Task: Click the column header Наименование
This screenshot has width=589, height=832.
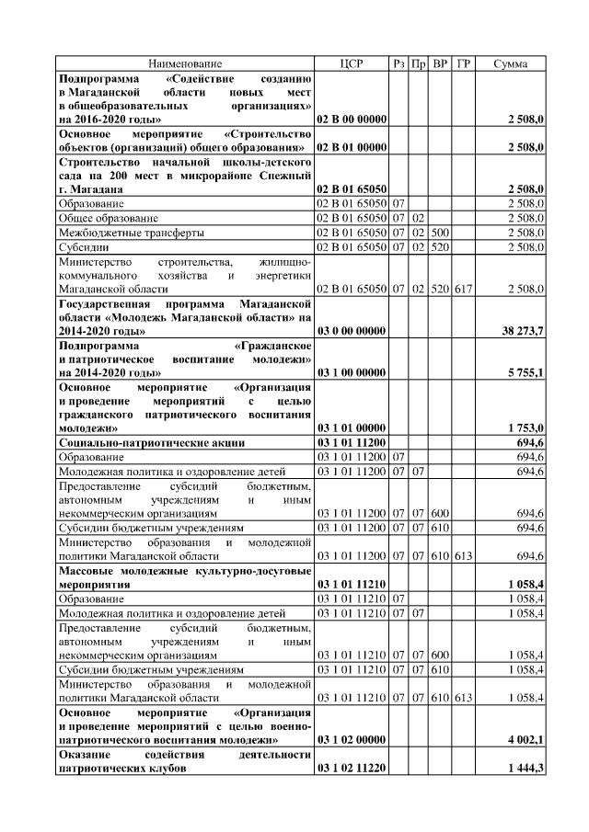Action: (185, 63)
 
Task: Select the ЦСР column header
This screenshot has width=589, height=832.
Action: (351, 63)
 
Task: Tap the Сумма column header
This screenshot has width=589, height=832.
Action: (511, 63)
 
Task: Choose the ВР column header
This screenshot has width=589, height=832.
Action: (440, 63)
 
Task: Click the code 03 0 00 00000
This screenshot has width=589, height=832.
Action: (351, 329)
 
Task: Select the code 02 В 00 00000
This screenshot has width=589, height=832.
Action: (351, 120)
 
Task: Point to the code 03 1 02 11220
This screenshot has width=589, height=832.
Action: (351, 768)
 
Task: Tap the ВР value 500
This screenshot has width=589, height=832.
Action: (440, 233)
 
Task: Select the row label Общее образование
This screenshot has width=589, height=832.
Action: (108, 218)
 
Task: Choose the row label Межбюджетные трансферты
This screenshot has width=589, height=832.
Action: (126, 233)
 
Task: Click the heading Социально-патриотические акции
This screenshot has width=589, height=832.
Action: (152, 442)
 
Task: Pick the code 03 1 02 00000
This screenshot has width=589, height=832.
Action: (351, 738)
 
